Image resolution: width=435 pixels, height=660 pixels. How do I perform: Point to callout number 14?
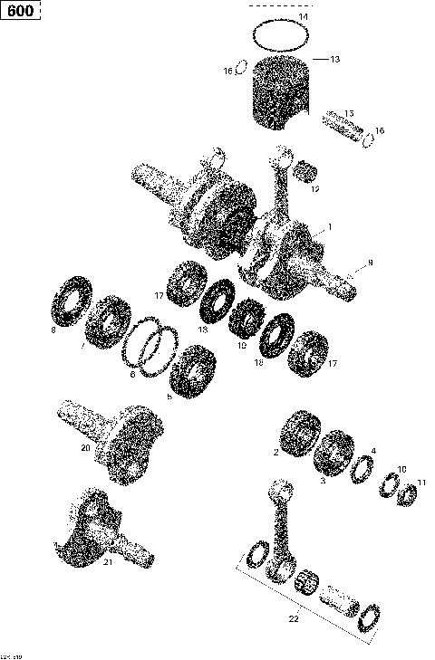(303, 17)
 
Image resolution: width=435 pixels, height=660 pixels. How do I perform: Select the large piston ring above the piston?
(283, 35)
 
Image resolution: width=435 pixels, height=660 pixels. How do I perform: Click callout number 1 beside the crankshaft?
(330, 226)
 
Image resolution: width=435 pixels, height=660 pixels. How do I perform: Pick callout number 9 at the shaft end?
(370, 263)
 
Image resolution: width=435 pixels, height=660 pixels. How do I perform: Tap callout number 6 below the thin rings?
(132, 373)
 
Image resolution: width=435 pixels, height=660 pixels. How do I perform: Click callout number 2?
(275, 450)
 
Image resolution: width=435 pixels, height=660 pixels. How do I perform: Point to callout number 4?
(372, 450)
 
